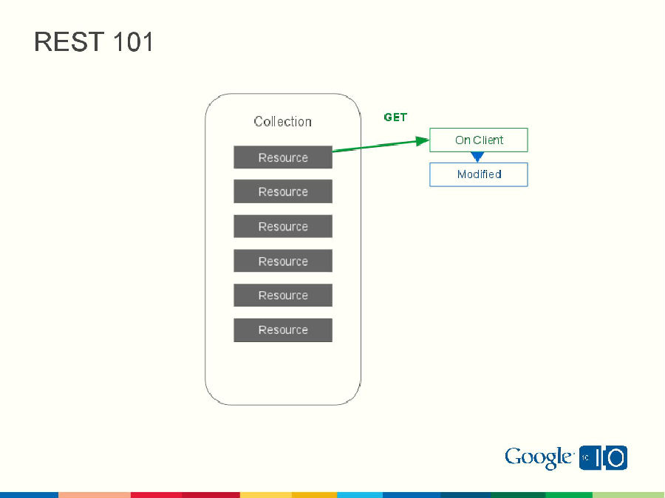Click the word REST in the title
tap(69, 42)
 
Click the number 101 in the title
tap(134, 42)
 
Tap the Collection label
tap(283, 121)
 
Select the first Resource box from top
tap(283, 157)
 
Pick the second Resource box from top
tap(283, 191)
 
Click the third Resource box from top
tap(283, 226)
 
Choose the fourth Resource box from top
tap(283, 261)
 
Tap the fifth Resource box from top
tap(283, 295)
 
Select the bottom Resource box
tap(283, 330)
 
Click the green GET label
tap(395, 117)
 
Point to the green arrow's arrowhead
tap(422, 140)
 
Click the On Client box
tap(479, 140)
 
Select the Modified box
tap(479, 174)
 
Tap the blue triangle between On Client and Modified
tap(477, 157)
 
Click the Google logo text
tap(539, 458)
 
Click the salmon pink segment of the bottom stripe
tap(95, 494)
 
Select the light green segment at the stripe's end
tap(628, 494)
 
